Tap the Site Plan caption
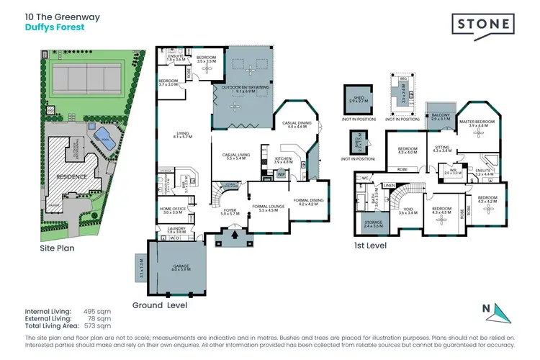[57, 248]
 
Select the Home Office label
[173, 210]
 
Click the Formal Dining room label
[309, 202]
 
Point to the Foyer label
[230, 212]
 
